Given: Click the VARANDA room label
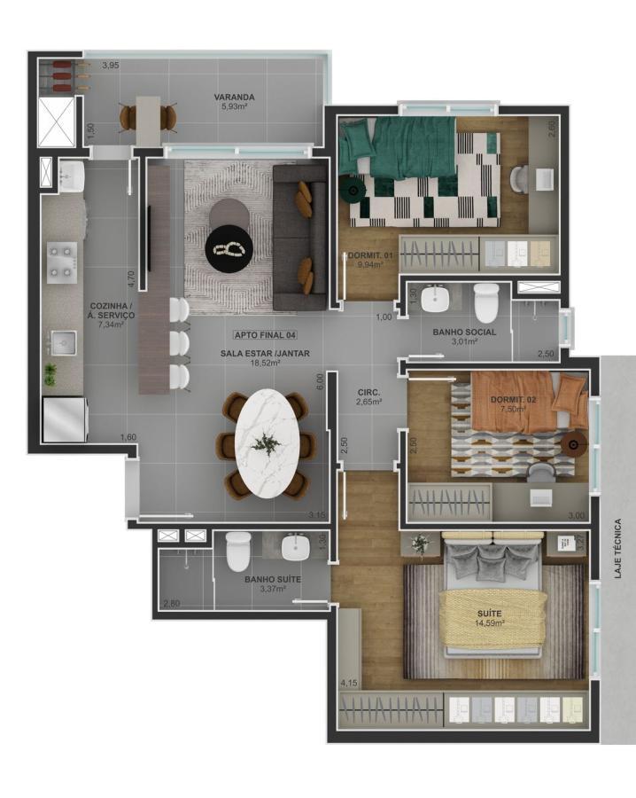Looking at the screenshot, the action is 234,97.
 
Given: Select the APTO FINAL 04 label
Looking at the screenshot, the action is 265,335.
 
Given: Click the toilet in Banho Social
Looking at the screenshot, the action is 485,303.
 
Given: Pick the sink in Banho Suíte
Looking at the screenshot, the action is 295,547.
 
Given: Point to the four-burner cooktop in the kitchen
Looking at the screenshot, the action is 62,262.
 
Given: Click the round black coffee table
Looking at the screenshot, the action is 229,248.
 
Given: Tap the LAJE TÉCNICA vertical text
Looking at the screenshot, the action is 617,548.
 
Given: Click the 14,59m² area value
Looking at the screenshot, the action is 490,622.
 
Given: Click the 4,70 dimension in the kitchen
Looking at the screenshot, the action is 131,280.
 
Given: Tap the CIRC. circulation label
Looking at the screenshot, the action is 369,393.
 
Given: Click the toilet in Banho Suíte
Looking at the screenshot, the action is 238,552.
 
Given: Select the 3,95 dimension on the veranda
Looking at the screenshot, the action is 111,65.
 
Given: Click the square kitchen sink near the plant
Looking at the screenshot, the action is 63,342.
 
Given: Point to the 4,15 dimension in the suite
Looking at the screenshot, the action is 349,683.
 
